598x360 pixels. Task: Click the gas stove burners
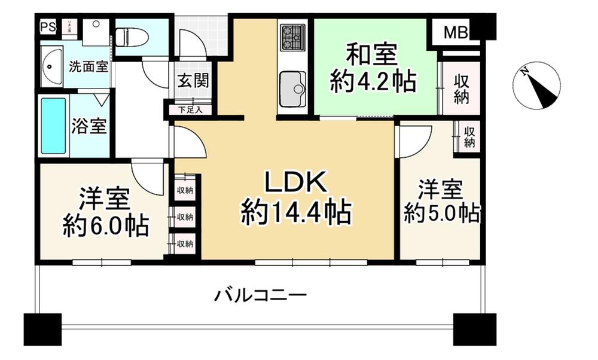[x=292, y=37]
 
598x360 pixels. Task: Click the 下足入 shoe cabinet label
[x=191, y=110]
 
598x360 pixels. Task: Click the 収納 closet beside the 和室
[x=460, y=89]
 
